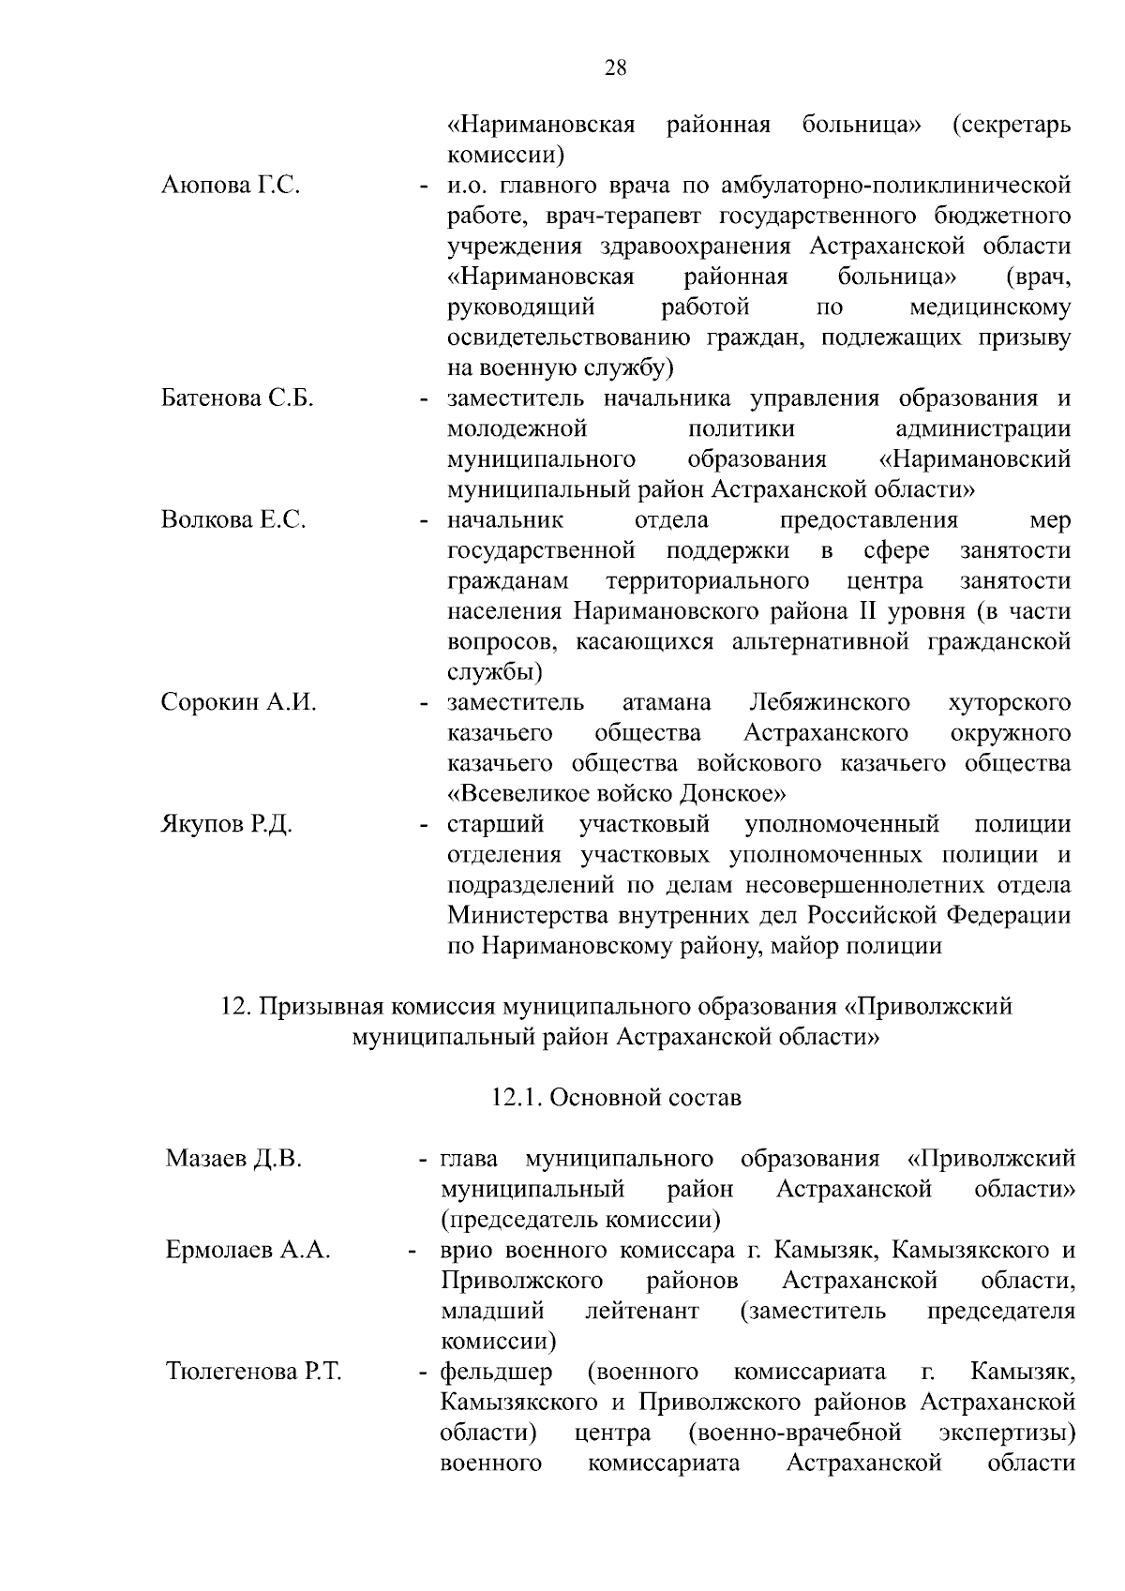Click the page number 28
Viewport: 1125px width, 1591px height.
tap(616, 68)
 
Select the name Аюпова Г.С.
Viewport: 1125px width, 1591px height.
tap(231, 185)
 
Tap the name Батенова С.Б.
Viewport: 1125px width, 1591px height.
tap(237, 398)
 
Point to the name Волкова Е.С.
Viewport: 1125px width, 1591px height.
tap(233, 520)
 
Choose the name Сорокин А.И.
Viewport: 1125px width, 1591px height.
tap(238, 702)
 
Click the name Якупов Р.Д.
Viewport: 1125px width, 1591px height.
tap(227, 825)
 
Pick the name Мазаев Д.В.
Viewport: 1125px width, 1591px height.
tap(233, 1159)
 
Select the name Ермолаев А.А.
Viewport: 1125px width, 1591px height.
tap(247, 1250)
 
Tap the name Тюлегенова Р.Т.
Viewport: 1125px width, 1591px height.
tap(253, 1373)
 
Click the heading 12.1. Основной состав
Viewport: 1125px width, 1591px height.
tap(616, 1097)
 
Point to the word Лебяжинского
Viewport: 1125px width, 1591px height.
tap(830, 702)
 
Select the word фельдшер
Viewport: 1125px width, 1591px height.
tap(497, 1373)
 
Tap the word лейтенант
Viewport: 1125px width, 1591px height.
tap(642, 1311)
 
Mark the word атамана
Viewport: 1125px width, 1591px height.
tap(667, 702)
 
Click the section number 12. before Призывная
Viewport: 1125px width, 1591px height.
tap(234, 1007)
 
